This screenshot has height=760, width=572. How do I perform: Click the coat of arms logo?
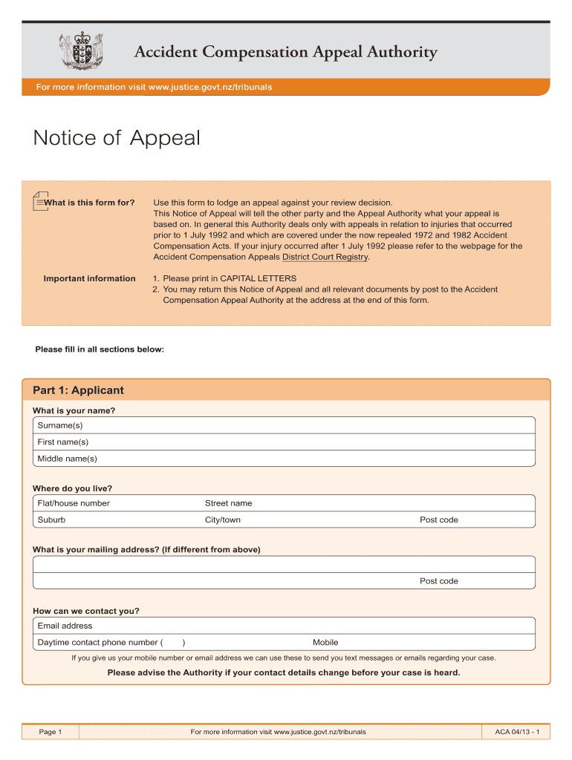coord(79,50)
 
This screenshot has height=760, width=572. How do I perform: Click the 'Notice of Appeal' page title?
coord(117,138)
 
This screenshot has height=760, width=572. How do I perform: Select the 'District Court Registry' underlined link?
coord(325,257)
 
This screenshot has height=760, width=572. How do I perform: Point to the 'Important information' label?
coord(89,278)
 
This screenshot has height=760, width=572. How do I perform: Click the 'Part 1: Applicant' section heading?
coord(78,390)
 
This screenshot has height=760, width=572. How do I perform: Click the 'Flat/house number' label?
coord(74,503)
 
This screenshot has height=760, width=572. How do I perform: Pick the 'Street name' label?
coord(228,503)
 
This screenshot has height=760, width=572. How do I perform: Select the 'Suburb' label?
coord(51,520)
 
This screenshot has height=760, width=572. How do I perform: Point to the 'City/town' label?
coord(223,520)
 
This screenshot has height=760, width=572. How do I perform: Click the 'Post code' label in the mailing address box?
coord(439,581)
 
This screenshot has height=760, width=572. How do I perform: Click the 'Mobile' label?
coord(325,643)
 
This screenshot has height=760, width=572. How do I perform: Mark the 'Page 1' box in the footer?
coord(51,733)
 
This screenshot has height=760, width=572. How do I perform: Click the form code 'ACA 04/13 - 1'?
coord(516,733)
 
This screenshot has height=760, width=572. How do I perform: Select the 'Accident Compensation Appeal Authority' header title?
coord(285,52)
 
